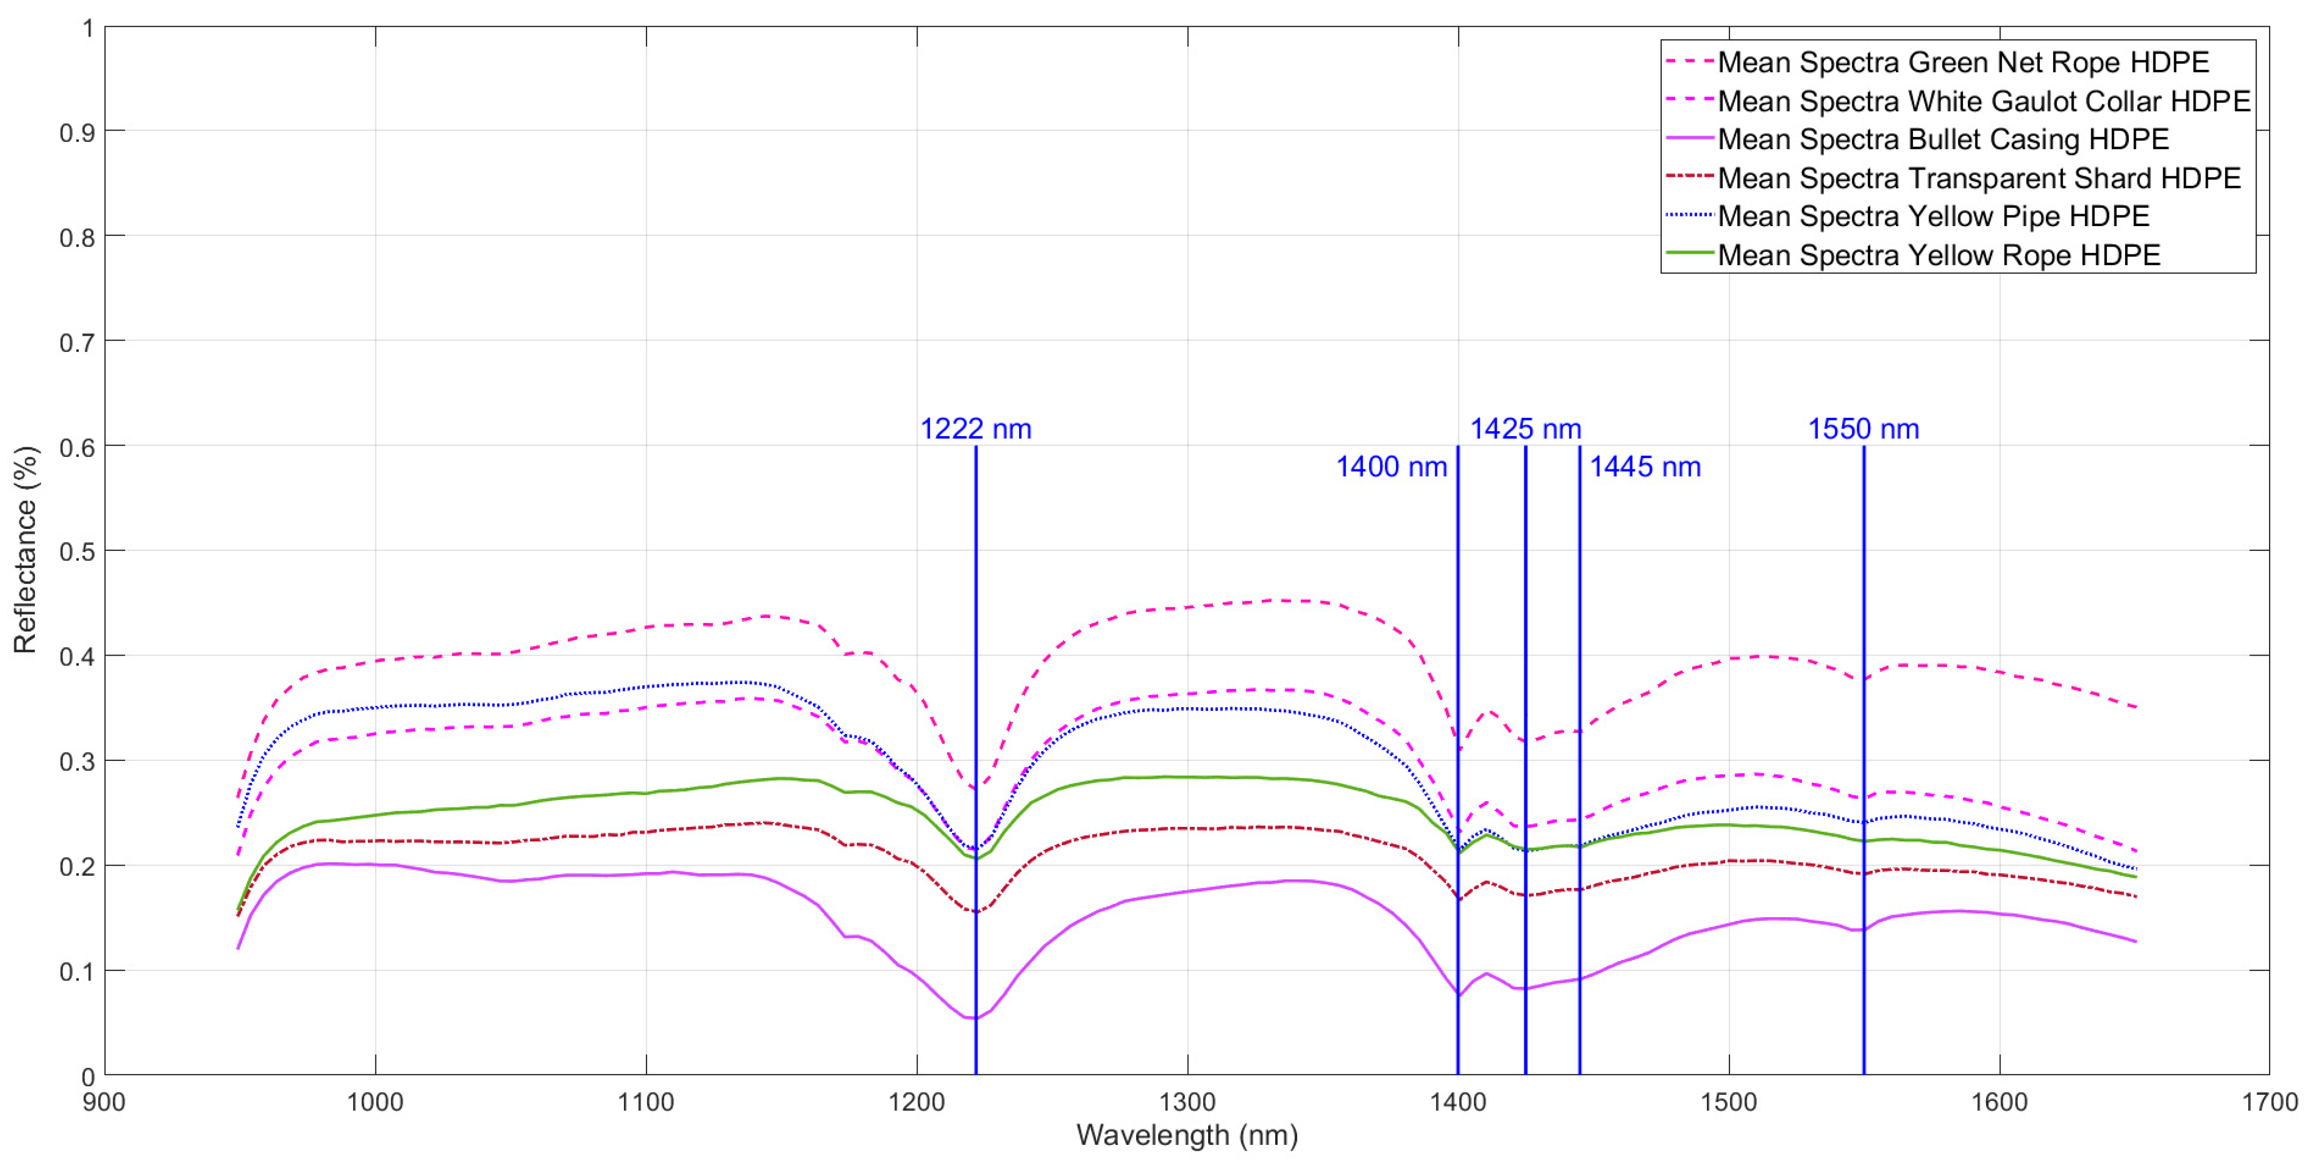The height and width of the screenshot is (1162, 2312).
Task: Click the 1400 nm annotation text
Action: click(x=1391, y=467)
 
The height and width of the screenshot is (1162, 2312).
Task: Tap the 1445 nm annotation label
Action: click(x=1645, y=467)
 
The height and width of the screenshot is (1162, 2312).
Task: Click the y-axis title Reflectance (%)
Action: click(x=25, y=549)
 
